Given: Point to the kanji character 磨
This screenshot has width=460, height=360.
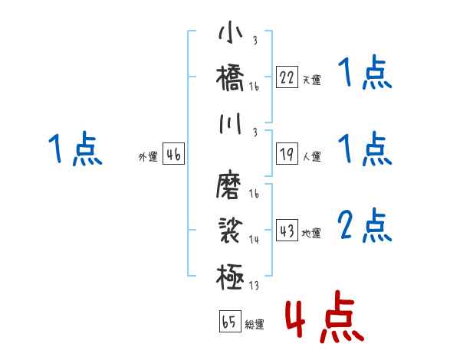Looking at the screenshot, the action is click(x=231, y=185).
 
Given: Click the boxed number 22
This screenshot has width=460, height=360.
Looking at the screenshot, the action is click(x=287, y=77).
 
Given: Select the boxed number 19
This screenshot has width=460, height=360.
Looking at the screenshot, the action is click(x=287, y=155).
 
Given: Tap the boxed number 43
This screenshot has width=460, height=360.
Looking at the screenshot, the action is click(x=287, y=231).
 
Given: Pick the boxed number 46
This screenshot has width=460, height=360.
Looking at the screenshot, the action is click(x=173, y=155).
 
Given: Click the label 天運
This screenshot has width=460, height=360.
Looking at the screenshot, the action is click(x=311, y=80).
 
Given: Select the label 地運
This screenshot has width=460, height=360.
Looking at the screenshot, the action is click(x=311, y=233).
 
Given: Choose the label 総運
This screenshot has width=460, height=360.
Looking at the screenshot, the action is click(x=255, y=324).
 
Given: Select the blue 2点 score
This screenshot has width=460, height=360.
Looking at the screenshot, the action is click(x=365, y=225).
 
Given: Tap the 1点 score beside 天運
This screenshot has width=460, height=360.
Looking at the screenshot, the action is click(x=365, y=74).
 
